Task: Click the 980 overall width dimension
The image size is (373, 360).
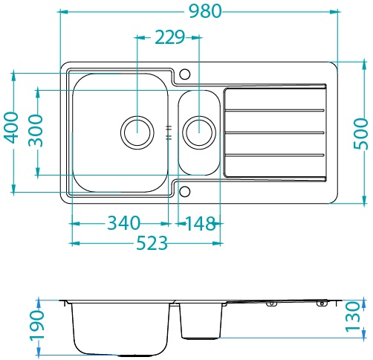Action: point(205,11)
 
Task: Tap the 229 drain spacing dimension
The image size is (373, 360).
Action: point(170,37)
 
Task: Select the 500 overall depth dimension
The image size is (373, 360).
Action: point(360,134)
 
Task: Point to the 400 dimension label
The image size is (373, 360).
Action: point(12,128)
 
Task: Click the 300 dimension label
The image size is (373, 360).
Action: point(36,130)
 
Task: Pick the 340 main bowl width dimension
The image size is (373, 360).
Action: point(123,222)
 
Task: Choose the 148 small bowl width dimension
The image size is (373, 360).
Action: point(200,224)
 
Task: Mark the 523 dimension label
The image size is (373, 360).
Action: point(152,242)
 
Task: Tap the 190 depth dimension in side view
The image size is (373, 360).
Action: point(36,325)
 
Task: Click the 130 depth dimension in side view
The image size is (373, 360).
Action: point(352,317)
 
